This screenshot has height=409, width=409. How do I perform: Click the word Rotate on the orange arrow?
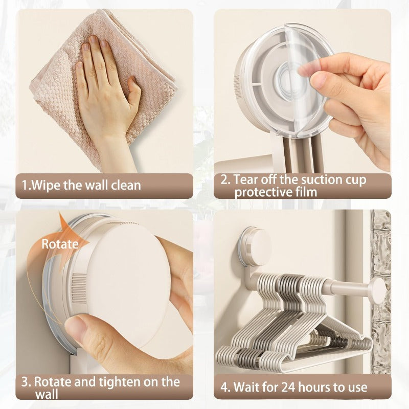point(60,244)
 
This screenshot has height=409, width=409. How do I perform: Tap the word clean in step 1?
point(126,185)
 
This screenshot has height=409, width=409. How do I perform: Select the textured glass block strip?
point(381,291)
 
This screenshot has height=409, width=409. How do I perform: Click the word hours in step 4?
point(315,387)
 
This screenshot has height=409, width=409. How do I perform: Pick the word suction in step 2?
point(322,179)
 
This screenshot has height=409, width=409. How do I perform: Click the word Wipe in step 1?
point(46,186)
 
